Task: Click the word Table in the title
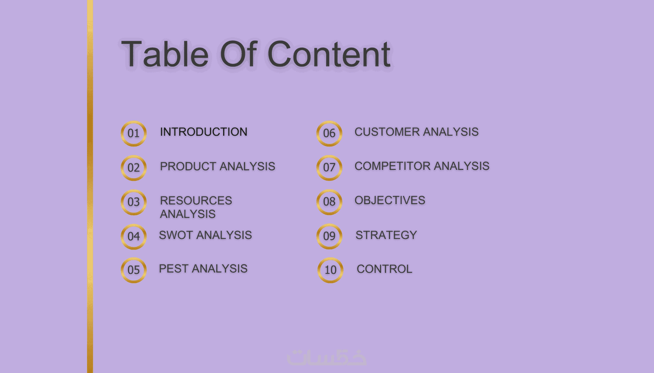coord(165,54)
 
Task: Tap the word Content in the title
coord(329,54)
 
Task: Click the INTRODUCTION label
coord(204,132)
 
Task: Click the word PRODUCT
coord(188,167)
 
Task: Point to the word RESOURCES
coord(196,200)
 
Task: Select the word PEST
coord(173,268)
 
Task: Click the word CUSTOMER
coord(387,132)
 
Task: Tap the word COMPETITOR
coord(392,166)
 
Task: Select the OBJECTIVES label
coord(390,200)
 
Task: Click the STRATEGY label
coord(386,235)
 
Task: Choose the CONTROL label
coord(385,269)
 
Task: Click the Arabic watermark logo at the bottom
coord(327,357)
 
